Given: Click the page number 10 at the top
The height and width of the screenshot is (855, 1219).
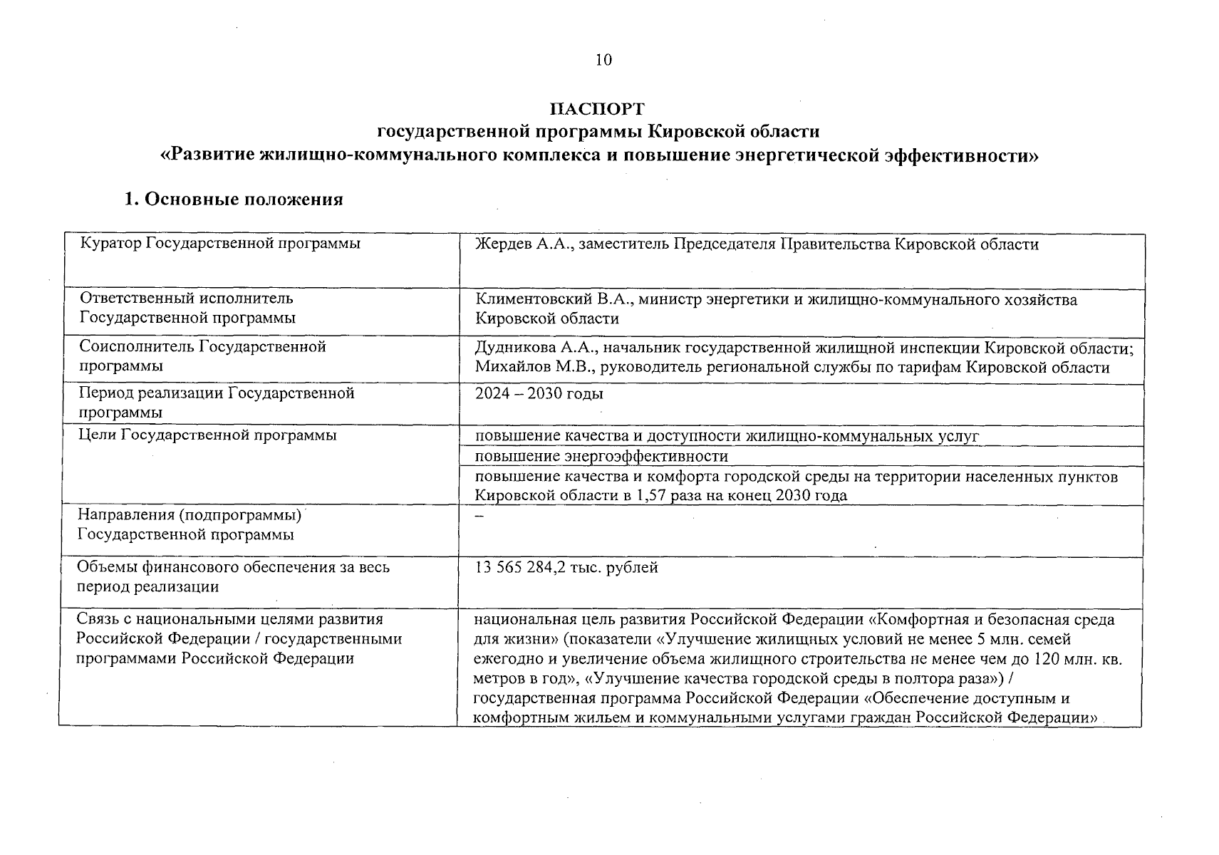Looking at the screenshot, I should point(603,60).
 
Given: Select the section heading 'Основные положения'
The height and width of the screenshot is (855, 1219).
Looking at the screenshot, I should point(243,199).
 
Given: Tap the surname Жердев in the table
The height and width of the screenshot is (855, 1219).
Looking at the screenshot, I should point(502,244).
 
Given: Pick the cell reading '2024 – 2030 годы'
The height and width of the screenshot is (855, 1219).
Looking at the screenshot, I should point(539,394).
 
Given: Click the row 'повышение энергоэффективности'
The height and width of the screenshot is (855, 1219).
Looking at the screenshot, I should point(601,456).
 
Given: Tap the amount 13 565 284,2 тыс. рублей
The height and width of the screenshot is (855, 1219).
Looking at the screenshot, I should point(566,568).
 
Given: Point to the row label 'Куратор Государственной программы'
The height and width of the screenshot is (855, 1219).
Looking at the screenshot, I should point(219,244).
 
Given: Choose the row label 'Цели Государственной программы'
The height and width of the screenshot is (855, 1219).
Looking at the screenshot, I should point(207,435).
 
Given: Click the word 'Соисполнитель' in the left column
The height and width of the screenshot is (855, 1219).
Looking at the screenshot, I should point(137,347).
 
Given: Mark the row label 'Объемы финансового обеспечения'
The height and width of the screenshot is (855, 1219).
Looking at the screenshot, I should point(234,568).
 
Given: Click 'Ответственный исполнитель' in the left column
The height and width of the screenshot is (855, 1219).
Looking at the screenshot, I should point(185,299).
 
